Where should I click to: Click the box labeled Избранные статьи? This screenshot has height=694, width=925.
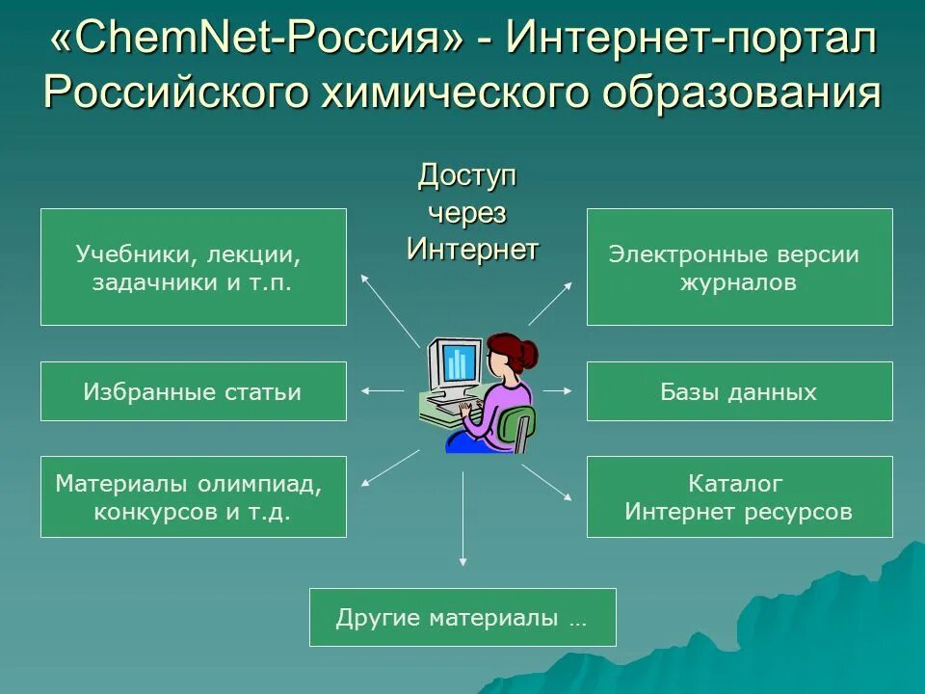tap(193, 391)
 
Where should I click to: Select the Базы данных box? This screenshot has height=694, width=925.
tap(739, 391)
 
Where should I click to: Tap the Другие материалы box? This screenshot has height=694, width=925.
tap(462, 617)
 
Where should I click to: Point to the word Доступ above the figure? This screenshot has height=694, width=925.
tap(467, 176)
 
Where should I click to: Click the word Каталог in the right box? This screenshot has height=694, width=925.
tap(735, 483)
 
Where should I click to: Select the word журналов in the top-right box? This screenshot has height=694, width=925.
tap(738, 283)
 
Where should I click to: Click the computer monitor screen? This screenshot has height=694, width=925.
tap(458, 363)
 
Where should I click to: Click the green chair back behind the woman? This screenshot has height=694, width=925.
tap(521, 424)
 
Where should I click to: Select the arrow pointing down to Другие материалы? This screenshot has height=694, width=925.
tap(463, 511)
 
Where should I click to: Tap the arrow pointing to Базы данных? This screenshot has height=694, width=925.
tap(558, 390)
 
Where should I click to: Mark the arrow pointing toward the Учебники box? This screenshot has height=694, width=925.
tap(389, 308)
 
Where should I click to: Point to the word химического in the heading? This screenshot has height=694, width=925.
tap(462, 94)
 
